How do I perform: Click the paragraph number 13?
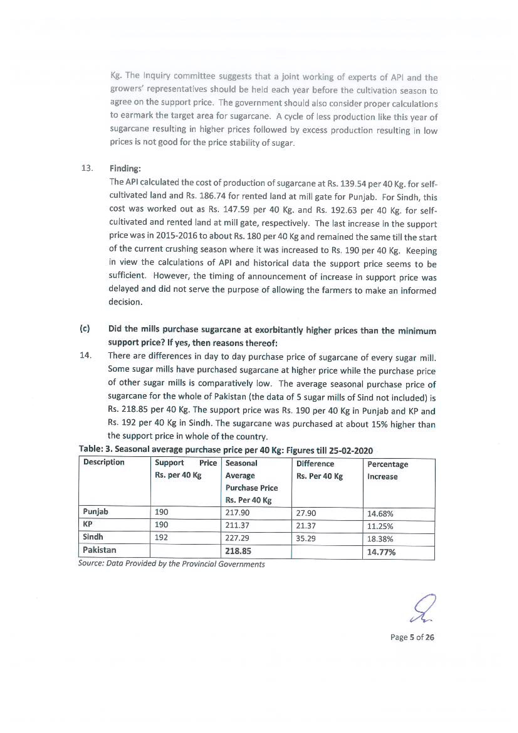[87, 168]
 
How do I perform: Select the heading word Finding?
[125, 169]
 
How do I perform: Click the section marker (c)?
[85, 329]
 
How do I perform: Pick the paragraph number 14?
[86, 355]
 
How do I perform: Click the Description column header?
[104, 462]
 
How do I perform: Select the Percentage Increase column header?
[387, 470]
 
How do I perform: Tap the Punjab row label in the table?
[96, 511]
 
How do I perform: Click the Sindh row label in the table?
[93, 537]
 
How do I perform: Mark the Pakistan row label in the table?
[99, 550]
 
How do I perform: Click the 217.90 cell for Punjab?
[237, 512]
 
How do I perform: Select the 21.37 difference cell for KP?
[306, 526]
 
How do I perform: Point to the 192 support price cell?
[161, 537]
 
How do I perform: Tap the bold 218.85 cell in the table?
[238, 551]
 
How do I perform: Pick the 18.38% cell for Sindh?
[380, 539]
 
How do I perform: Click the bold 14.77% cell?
[381, 552]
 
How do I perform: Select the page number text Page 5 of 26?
[412, 637]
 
